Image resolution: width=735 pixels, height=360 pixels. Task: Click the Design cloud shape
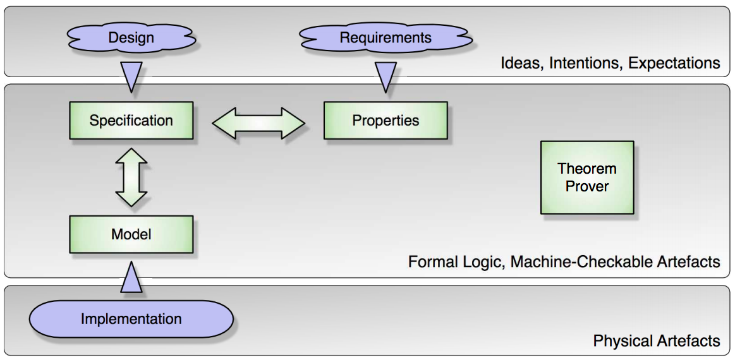[131, 38]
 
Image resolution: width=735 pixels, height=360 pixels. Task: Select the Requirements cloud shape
[386, 38]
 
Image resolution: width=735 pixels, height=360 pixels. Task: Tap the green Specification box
[131, 121]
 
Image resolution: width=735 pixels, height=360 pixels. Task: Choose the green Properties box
[386, 121]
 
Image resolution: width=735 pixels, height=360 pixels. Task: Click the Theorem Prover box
[587, 177]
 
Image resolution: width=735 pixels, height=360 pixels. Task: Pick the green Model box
[131, 234]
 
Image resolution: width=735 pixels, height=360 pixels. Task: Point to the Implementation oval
[131, 320]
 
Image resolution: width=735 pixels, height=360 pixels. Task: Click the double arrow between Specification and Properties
[258, 123]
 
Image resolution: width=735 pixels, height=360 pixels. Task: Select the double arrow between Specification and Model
[131, 178]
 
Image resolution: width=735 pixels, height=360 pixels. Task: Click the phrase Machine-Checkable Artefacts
[616, 261]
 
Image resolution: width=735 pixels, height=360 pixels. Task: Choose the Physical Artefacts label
[657, 341]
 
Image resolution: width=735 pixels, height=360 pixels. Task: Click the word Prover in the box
[587, 186]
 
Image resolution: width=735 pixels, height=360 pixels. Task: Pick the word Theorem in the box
[587, 169]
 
